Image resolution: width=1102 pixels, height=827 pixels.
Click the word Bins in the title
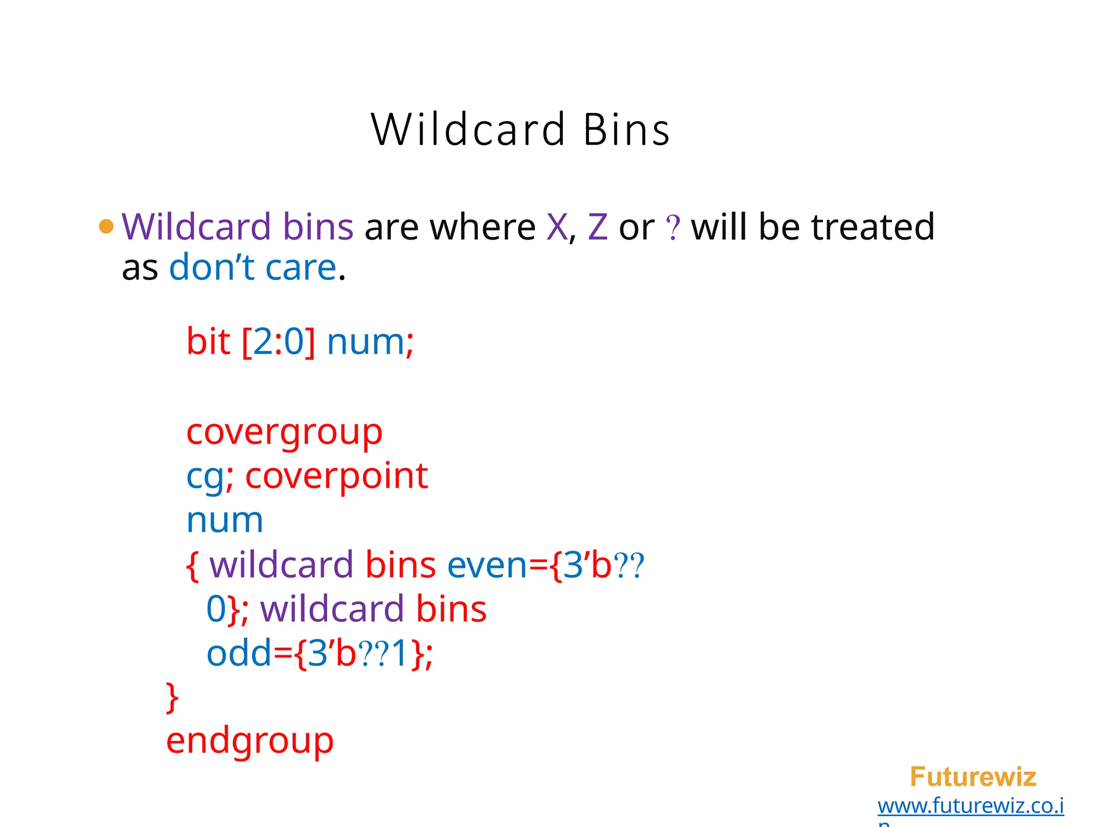click(626, 130)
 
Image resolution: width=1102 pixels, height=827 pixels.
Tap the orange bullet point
click(107, 226)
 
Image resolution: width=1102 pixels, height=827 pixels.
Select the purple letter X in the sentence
click(557, 227)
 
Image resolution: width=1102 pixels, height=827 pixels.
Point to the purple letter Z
click(598, 227)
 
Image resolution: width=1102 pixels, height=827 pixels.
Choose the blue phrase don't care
click(252, 267)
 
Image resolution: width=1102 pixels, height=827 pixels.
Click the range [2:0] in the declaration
click(278, 341)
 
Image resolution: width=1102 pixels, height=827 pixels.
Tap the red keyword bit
click(208, 341)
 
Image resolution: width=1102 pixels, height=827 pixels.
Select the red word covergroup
click(284, 432)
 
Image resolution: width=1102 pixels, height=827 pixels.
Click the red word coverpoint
click(336, 476)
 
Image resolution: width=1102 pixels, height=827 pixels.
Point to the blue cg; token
click(209, 477)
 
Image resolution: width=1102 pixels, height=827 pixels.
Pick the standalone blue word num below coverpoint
click(225, 520)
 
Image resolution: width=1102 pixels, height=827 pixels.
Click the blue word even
click(487, 565)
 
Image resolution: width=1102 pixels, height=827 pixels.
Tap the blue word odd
click(239, 654)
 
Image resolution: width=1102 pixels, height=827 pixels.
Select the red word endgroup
click(250, 741)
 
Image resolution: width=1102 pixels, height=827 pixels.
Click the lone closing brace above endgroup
click(172, 698)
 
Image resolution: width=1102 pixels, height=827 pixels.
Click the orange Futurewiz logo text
click(973, 777)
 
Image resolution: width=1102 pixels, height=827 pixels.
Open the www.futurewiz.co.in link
click(970, 806)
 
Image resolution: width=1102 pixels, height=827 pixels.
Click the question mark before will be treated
click(673, 228)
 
